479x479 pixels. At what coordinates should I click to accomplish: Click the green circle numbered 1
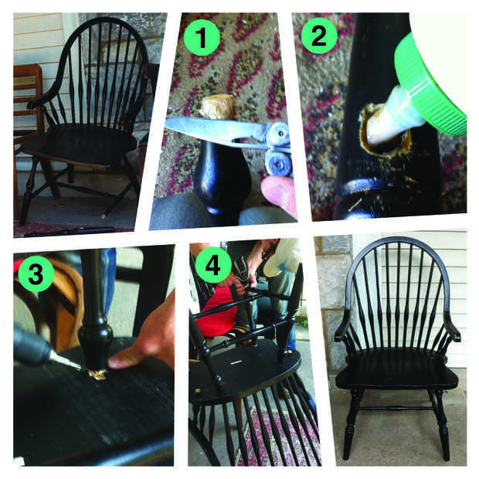click(202, 38)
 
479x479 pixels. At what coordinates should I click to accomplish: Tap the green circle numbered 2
click(319, 36)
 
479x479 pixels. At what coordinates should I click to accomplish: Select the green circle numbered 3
click(36, 273)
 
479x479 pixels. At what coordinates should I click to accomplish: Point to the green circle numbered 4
click(213, 264)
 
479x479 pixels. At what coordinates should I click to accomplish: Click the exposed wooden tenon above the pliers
click(219, 107)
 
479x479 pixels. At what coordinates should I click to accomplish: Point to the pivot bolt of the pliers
click(280, 134)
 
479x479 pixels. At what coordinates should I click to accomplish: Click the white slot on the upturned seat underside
click(236, 362)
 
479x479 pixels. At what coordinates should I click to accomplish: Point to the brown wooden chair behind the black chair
click(29, 122)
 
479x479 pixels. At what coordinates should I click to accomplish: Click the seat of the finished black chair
click(396, 369)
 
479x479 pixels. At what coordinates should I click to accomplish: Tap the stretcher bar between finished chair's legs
click(397, 409)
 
